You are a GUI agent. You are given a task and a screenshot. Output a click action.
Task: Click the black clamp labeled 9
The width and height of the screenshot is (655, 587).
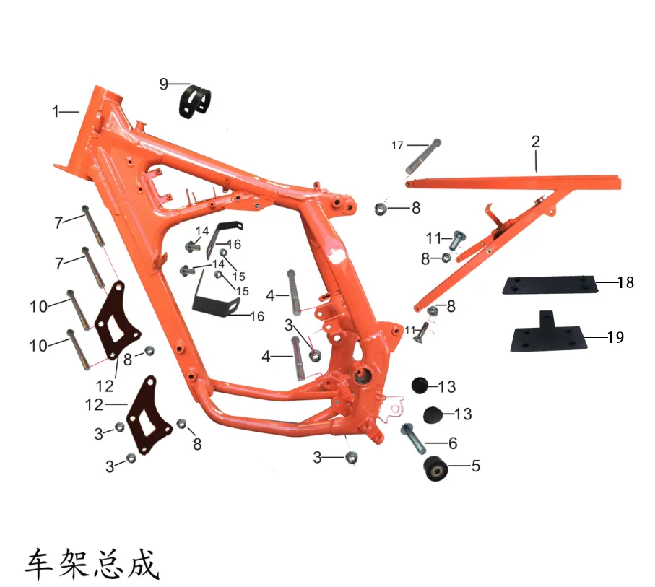tap(195, 102)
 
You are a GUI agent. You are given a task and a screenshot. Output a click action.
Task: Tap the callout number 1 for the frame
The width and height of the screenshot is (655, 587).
tap(56, 111)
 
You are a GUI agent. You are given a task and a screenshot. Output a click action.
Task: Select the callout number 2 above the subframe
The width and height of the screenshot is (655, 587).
tap(536, 142)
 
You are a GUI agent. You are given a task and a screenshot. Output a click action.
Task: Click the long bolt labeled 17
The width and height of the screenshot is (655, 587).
tap(423, 157)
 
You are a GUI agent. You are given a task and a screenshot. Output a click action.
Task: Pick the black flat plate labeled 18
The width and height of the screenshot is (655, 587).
tap(550, 285)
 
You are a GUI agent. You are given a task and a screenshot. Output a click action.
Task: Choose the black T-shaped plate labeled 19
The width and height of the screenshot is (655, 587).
tap(548, 334)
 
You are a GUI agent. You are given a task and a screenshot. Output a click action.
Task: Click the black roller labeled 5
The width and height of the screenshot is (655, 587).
tap(435, 469)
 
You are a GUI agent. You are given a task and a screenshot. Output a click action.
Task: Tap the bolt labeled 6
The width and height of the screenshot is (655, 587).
tap(413, 439)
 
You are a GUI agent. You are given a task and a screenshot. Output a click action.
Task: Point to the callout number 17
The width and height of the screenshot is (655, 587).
tap(397, 145)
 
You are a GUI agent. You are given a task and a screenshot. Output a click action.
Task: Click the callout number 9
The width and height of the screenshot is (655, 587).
tap(164, 84)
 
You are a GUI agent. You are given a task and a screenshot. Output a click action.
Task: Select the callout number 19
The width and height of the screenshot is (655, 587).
tap(615, 337)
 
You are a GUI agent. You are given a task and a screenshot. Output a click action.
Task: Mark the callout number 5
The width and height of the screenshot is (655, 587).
tap(475, 466)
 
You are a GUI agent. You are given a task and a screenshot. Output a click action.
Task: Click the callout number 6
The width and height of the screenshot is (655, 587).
tap(453, 443)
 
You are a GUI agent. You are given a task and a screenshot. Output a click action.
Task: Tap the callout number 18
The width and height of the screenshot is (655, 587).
tap(625, 282)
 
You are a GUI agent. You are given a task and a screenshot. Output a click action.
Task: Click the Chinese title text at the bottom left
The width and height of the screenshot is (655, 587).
tap(92, 564)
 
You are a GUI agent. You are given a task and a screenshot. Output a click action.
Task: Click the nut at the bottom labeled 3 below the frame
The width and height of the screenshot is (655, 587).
tap(352, 458)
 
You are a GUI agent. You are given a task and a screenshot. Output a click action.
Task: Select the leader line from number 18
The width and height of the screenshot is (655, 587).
tap(607, 283)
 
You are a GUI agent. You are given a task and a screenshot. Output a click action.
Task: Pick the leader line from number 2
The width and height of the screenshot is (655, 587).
tap(536, 161)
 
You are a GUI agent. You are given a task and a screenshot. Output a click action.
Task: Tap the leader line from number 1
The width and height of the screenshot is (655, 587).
tap(69, 111)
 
